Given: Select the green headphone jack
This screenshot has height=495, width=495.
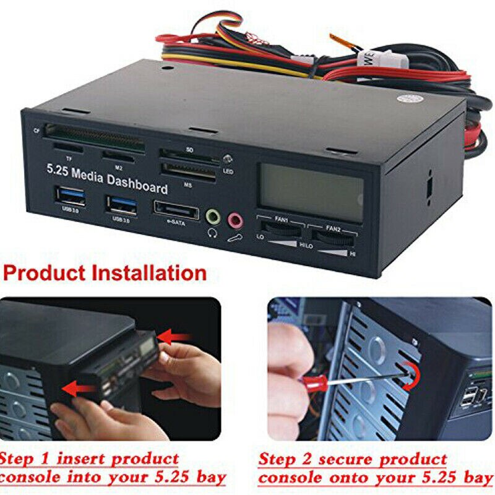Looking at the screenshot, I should click(212, 216).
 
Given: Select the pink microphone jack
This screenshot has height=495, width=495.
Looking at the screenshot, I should click(235, 219).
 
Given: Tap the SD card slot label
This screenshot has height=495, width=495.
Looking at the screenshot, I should click(189, 149).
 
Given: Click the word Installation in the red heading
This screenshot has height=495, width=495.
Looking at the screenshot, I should click(150, 273).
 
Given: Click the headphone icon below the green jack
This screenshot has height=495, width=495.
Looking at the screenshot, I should click(212, 233).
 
